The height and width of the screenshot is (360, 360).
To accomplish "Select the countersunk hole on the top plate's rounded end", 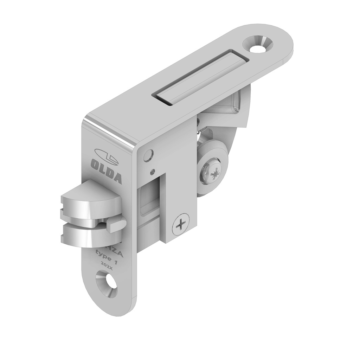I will tap(260, 44).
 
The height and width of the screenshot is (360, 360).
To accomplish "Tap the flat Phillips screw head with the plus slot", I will tap(181, 224).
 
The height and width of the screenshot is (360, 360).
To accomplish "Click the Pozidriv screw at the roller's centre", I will tap(211, 172).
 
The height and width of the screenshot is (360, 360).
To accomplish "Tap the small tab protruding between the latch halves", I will tap(116, 224).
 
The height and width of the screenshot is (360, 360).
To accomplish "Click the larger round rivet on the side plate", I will tap(148, 155).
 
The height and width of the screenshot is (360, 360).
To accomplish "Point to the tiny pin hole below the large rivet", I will tap(152, 172).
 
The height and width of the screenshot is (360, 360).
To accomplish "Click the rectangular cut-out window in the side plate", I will tap(149, 200).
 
